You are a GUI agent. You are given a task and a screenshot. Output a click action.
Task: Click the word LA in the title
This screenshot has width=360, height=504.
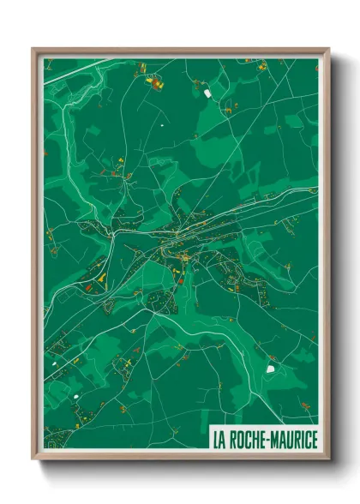click(x=219, y=441)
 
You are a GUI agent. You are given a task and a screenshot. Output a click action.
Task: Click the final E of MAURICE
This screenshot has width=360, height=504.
click(x=315, y=441)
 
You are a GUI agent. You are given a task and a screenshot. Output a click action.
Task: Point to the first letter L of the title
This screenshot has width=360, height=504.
click(x=216, y=441)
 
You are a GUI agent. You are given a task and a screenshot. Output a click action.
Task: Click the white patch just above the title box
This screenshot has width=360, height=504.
click(x=272, y=369)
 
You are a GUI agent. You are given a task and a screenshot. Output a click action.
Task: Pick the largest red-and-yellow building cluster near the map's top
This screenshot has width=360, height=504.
click(x=155, y=83)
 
